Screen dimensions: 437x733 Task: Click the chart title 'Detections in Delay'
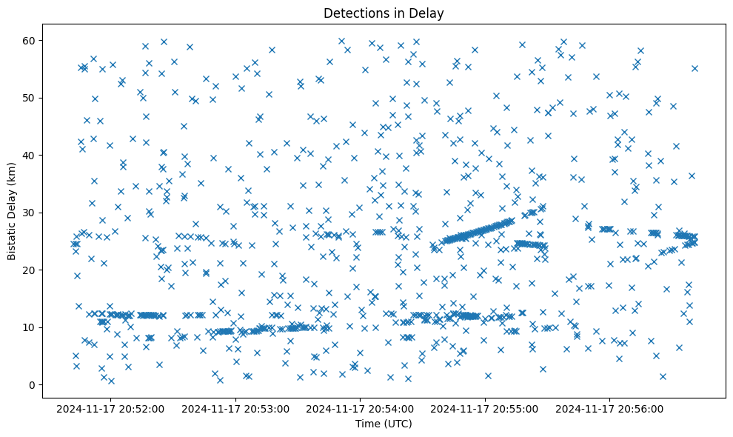coord(384,13)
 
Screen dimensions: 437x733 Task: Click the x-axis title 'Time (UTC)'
coord(384,424)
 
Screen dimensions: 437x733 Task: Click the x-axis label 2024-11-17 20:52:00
coord(110,408)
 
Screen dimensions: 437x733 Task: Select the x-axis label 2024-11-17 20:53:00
coord(235,408)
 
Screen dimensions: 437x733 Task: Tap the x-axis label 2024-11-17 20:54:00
coord(361,408)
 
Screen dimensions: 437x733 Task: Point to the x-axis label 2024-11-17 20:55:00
coord(485,408)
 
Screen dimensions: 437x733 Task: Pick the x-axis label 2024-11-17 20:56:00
coord(610,408)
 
